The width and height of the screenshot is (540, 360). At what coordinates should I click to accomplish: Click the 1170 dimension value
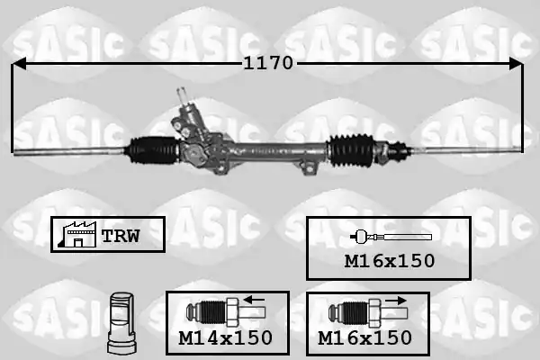coord(268,63)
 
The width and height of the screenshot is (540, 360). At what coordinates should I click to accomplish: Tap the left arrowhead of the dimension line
coord(19,64)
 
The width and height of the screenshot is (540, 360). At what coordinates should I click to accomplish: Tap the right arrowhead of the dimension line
coord(516,64)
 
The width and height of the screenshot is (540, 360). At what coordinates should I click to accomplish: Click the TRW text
coord(121,236)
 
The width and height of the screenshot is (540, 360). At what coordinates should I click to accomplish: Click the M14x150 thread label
coord(226,337)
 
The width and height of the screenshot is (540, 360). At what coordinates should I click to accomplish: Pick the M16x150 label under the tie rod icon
coord(390,261)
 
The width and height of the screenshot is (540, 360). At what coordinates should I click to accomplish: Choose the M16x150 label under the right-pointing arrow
coord(364,337)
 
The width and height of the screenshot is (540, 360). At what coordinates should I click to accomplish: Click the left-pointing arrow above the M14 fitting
coord(254,300)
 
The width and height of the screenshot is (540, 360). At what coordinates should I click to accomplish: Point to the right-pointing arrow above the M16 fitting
coord(396,301)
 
